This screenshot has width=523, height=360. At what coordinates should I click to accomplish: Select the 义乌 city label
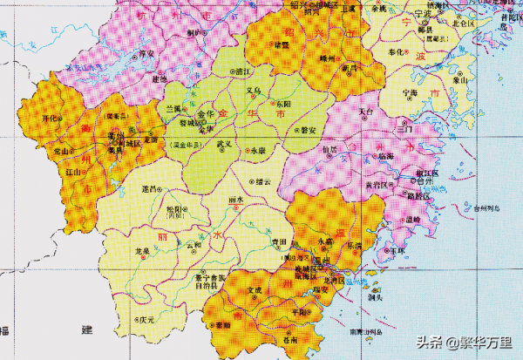point(253,90)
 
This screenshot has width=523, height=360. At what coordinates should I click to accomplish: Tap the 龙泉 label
point(141,250)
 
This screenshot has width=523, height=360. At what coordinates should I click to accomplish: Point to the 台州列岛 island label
point(478,208)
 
